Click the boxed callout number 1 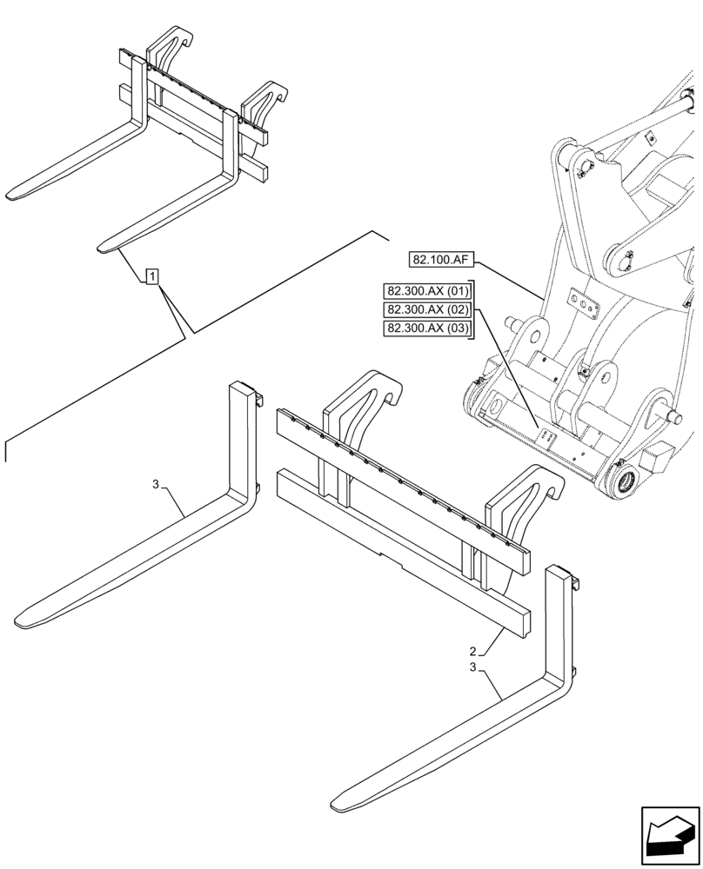point(152,277)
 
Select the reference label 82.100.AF point(440,260)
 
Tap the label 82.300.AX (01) point(427,290)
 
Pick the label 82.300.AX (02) point(427,309)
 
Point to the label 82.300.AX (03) point(427,328)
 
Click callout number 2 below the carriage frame point(472,652)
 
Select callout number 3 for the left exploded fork point(156,485)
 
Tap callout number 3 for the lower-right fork point(472,667)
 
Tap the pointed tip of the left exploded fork point(22,621)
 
